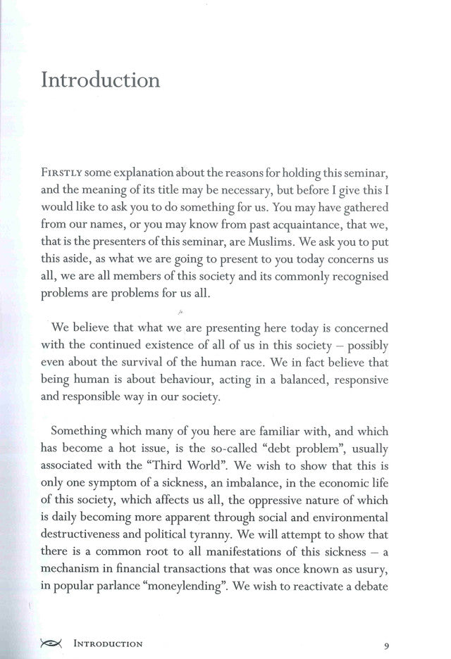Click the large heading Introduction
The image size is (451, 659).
(101, 79)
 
